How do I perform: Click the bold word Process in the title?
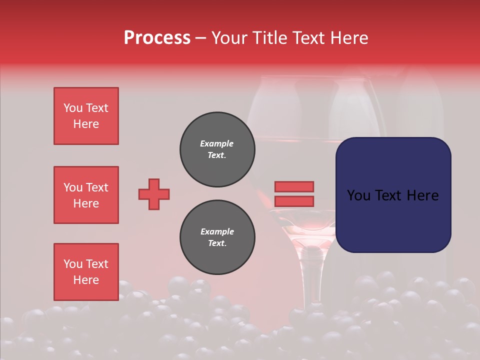157,38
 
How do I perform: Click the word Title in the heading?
269,38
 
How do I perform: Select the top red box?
86,116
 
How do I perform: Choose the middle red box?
86,195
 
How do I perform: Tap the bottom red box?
86,271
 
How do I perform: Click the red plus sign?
154,194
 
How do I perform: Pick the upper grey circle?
217,149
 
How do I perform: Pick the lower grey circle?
217,237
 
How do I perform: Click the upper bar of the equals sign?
294,186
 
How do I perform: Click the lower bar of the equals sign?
294,201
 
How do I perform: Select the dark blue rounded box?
393,195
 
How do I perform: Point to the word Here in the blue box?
422,195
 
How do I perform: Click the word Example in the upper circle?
217,143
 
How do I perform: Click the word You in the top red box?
73,108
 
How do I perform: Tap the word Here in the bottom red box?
86,280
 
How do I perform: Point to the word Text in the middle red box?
96,187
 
